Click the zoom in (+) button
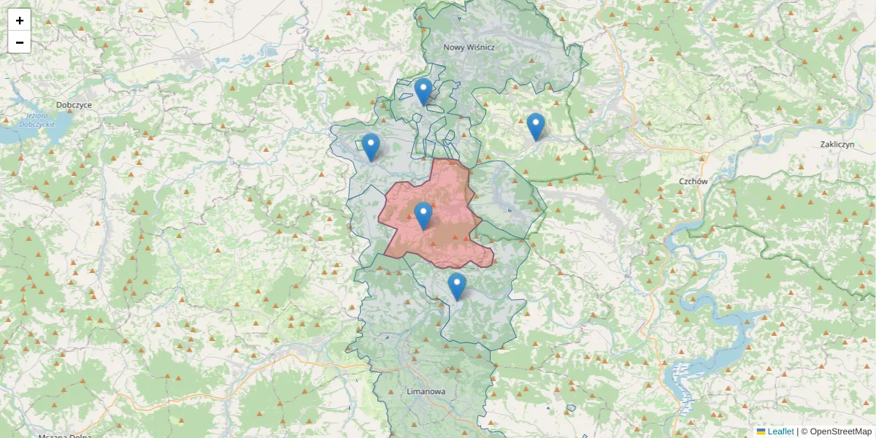click(x=20, y=20)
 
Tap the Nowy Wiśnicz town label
click(x=469, y=47)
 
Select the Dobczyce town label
click(x=74, y=105)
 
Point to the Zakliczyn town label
click(x=837, y=145)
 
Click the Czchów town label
click(x=693, y=181)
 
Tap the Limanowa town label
click(x=426, y=392)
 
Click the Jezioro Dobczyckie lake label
click(x=40, y=120)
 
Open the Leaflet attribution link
click(x=780, y=431)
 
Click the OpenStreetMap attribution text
click(x=840, y=431)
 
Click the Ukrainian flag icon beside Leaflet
click(x=761, y=431)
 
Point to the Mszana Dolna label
click(x=66, y=436)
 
